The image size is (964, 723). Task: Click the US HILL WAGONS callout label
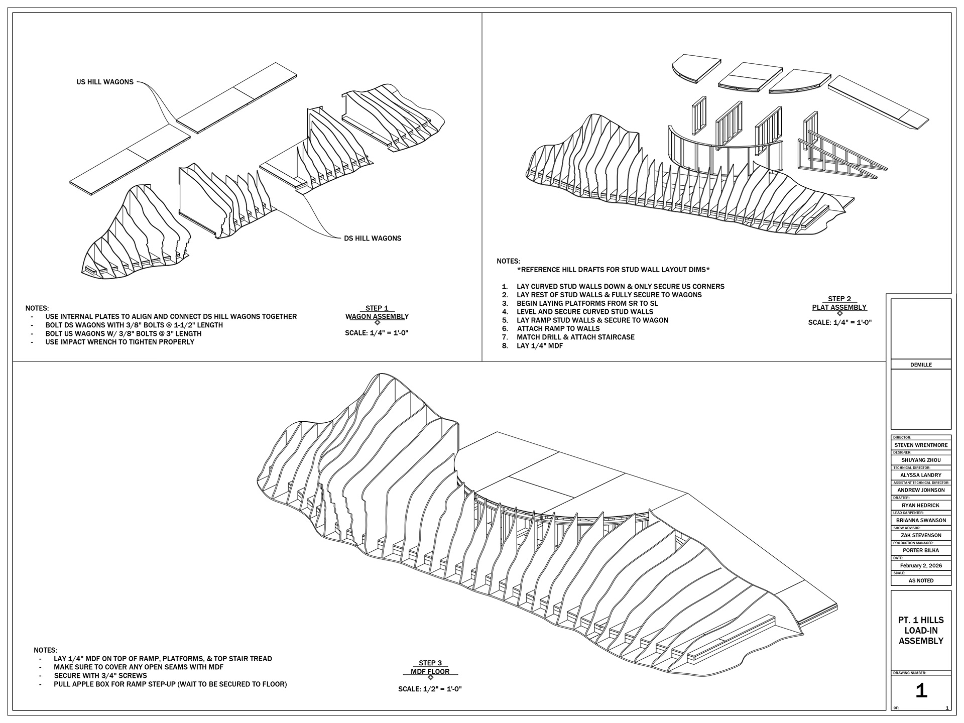coord(105,82)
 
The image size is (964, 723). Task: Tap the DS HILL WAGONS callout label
coord(372,238)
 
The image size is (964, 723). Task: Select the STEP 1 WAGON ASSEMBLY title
coord(377,312)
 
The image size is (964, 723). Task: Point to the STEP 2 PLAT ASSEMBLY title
coord(839,303)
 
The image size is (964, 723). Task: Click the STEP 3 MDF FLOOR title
coord(430,667)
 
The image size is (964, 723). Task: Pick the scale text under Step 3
coord(430,689)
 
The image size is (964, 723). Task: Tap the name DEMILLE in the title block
coord(921,365)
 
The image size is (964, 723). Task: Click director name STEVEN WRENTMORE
coord(921,445)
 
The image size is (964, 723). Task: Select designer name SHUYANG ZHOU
coord(921,460)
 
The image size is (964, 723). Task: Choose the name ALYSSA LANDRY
coord(921,475)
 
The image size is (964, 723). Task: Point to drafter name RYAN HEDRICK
coord(921,505)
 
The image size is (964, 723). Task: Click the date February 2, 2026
coord(921,565)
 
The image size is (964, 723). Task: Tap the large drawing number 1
coord(921,691)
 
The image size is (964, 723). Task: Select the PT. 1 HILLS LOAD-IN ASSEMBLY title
coord(921,631)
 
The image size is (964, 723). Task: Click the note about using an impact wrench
coord(119,342)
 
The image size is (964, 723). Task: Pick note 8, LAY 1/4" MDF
coord(539,346)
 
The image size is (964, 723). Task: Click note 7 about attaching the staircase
coord(575,337)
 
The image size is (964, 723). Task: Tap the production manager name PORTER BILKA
coord(921,550)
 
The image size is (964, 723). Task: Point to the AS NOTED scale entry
coord(921,580)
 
